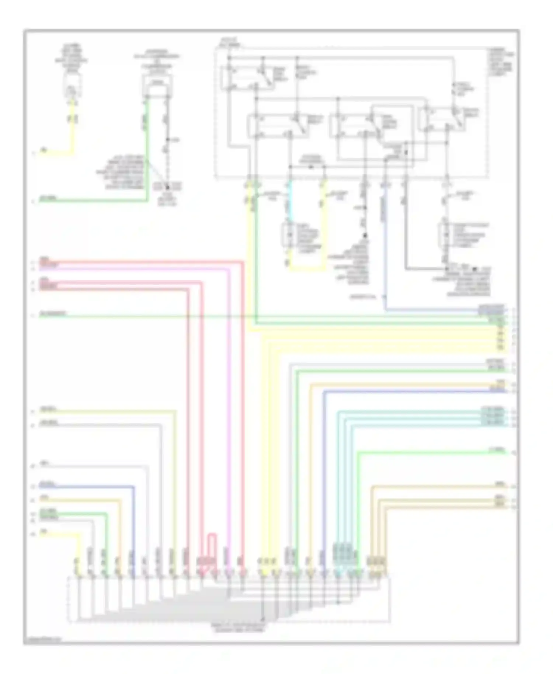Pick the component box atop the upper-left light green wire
[x=157, y=81]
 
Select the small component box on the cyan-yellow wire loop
[x=286, y=234]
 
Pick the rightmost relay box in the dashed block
[x=443, y=120]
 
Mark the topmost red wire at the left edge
[x=140, y=262]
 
